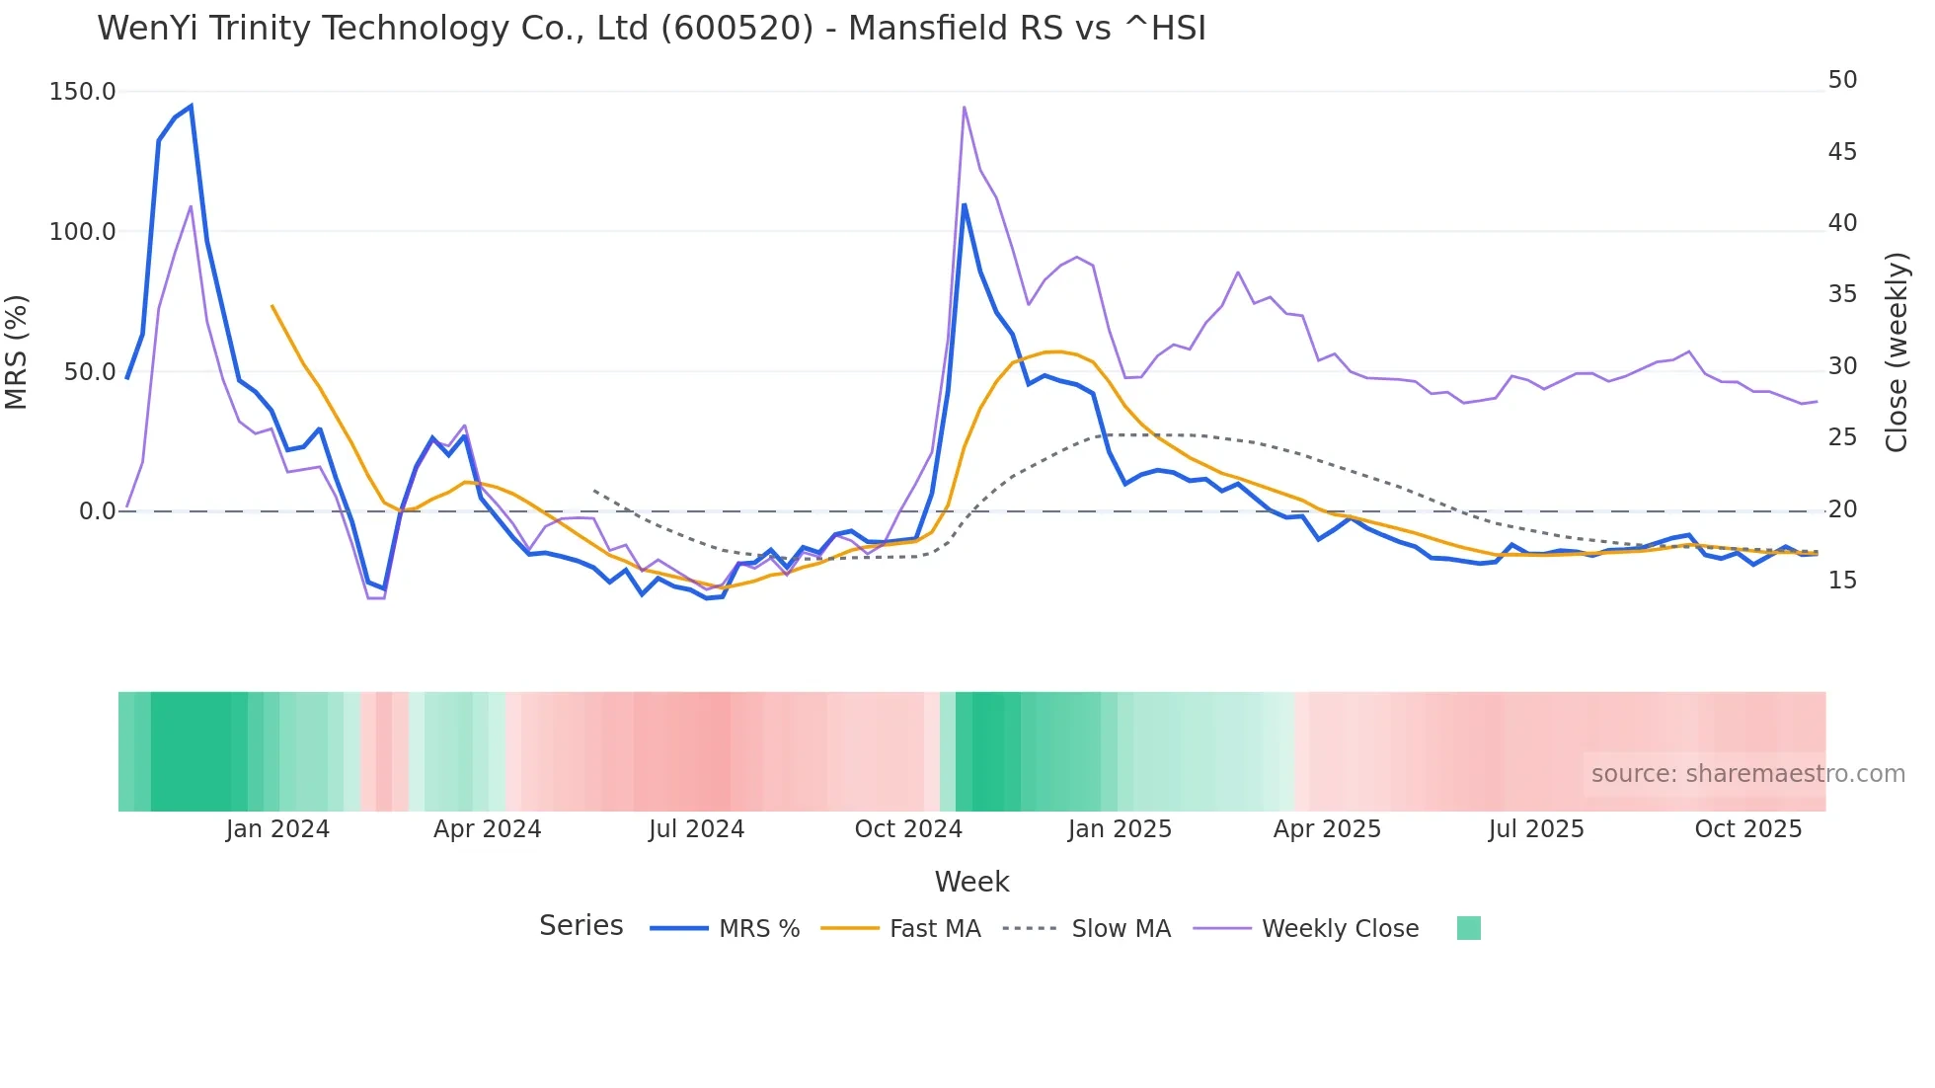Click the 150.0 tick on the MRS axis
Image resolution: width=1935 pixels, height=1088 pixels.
[82, 92]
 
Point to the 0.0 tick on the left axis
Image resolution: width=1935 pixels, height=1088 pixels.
[97, 511]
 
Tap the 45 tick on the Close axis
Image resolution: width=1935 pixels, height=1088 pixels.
[1842, 152]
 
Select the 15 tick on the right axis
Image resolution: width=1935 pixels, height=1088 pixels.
[1842, 581]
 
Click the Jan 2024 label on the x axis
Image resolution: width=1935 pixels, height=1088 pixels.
[277, 829]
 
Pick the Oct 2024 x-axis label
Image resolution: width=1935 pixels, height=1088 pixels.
[908, 829]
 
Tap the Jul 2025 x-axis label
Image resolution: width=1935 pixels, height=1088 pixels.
[1536, 829]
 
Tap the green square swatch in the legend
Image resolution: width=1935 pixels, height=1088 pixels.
[1468, 928]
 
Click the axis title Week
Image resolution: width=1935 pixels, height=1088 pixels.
[971, 882]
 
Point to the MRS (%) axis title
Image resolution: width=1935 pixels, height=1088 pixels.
[17, 351]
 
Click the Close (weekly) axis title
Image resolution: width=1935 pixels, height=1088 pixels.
[1896, 351]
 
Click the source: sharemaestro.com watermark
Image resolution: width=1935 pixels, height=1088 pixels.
[1747, 774]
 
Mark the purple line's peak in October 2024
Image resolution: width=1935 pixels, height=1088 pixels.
[964, 107]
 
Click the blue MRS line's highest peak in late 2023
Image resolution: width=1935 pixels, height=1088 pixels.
[191, 106]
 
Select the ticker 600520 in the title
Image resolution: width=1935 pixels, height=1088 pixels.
[736, 29]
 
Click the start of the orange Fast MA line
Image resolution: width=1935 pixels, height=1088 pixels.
[271, 306]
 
